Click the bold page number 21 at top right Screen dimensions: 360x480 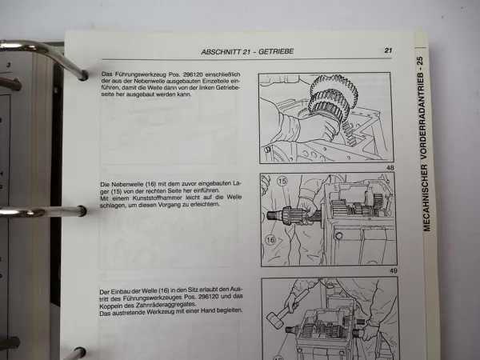(387, 50)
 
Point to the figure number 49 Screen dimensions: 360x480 (392, 271)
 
